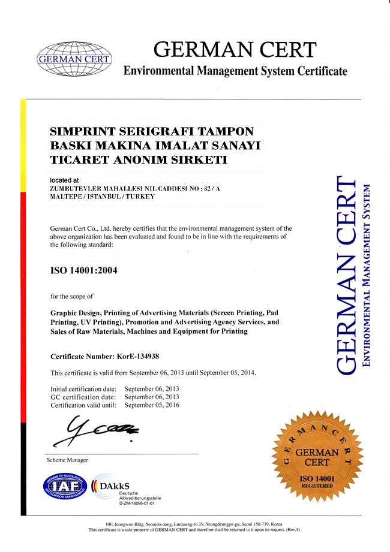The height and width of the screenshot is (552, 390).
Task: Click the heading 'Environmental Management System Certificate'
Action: click(x=235, y=71)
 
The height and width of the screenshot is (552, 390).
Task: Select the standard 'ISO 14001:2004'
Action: click(x=84, y=270)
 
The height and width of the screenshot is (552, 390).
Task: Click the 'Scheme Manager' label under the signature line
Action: click(x=67, y=460)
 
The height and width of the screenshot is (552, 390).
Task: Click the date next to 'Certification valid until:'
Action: click(x=152, y=405)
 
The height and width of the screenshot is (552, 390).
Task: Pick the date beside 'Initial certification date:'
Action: click(x=152, y=389)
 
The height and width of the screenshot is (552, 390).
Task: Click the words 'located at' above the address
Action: click(x=64, y=180)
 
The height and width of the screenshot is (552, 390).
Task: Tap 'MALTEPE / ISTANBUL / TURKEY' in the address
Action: click(x=102, y=196)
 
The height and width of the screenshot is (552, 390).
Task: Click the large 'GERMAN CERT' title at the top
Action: click(x=235, y=49)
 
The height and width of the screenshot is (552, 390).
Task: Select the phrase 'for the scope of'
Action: click(x=72, y=296)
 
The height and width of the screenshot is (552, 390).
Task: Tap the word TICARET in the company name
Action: click(x=77, y=159)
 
